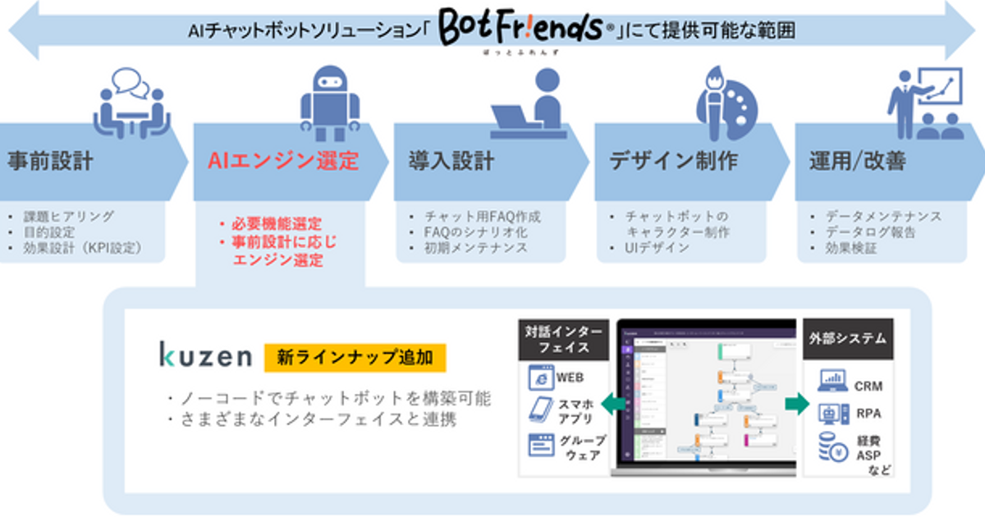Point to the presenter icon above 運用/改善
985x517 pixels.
[926, 102]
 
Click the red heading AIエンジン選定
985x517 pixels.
[283, 161]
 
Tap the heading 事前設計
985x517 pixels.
[50, 161]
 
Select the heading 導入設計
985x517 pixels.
[451, 161]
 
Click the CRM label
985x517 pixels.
[868, 385]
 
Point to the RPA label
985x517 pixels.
[868, 414]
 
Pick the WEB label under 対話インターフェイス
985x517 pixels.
[570, 378]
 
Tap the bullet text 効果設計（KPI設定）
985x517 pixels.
[82, 247]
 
